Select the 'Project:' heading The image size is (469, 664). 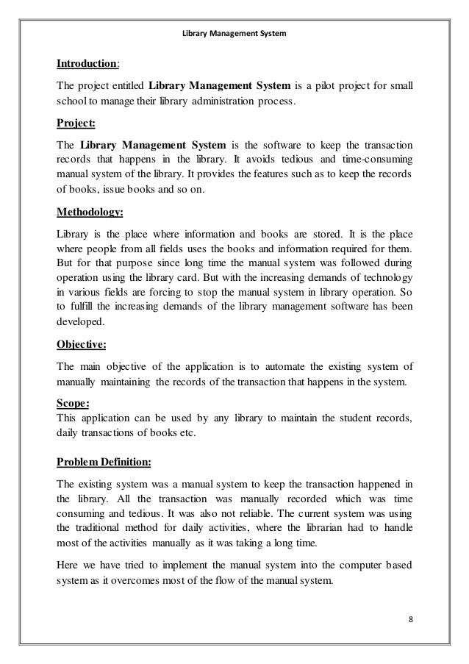click(76, 122)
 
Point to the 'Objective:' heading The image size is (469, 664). click(81, 342)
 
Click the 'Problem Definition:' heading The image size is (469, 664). click(103, 462)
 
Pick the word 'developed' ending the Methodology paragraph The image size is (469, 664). click(80, 322)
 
